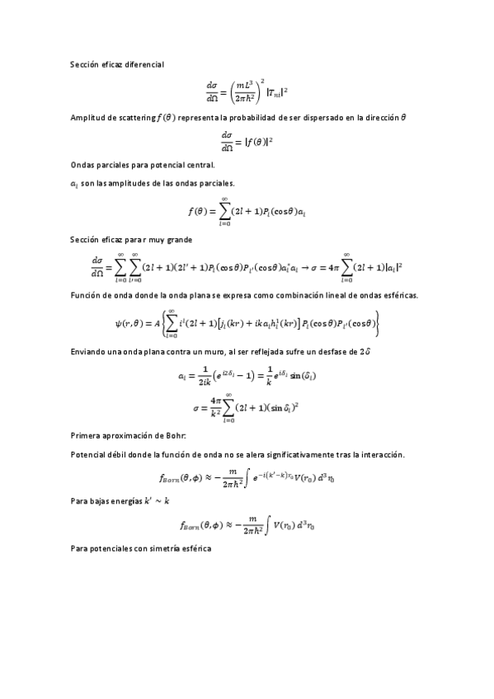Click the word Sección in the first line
tap(84, 63)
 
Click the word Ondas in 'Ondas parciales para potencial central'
tap(81, 165)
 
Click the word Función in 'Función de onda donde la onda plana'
tap(85, 294)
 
